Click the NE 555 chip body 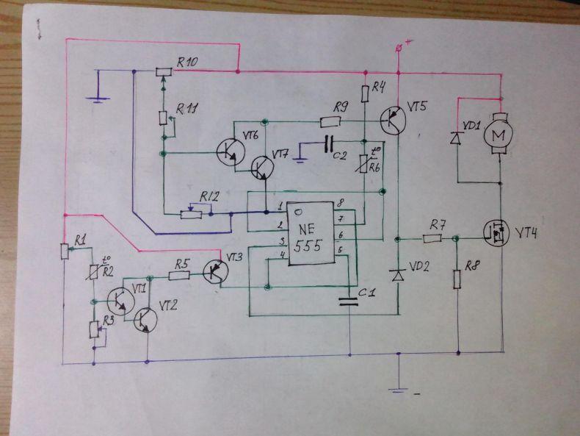(311, 233)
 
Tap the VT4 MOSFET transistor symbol (498, 232)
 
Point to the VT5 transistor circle (393, 121)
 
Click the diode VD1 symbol (455, 138)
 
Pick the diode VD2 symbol (398, 276)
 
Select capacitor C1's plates (349, 301)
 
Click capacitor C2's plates (329, 143)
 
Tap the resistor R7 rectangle (432, 238)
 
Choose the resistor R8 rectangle (457, 279)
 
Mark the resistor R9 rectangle (330, 121)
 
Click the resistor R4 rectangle (365, 93)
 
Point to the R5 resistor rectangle (179, 276)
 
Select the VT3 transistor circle (215, 271)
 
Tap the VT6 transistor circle (231, 152)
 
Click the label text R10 (186, 62)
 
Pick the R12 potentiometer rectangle (191, 215)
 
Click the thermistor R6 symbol (364, 163)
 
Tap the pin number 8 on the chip (341, 203)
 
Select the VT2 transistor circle (145, 320)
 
